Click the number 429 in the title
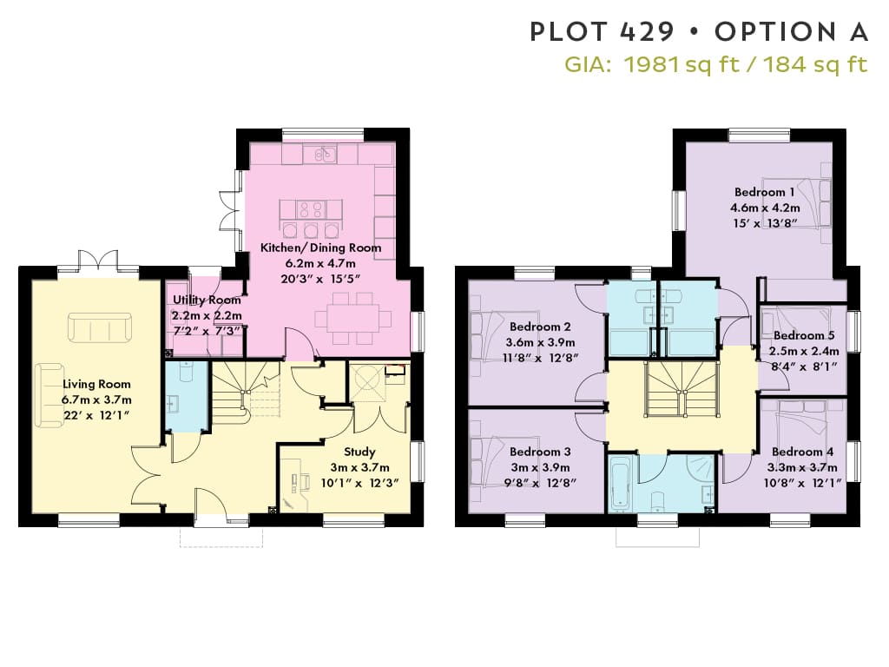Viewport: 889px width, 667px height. click(x=647, y=32)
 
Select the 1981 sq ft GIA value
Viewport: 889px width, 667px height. click(x=681, y=64)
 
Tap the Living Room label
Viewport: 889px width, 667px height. click(x=96, y=384)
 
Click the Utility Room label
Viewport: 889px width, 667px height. click(x=207, y=300)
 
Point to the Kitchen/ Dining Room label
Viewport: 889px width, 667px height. click(x=321, y=248)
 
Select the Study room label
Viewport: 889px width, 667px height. click(x=359, y=452)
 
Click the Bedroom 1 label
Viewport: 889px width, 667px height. click(x=764, y=192)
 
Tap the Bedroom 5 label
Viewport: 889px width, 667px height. click(x=804, y=335)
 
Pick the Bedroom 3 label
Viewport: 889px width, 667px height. click(x=540, y=452)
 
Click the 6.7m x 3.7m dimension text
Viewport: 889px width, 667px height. click(x=96, y=400)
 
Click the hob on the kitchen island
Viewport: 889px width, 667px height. click(x=312, y=210)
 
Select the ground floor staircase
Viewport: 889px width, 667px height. click(x=245, y=393)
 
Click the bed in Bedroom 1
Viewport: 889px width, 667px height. click(x=797, y=203)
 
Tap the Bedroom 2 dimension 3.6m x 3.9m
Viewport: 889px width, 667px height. click(x=540, y=342)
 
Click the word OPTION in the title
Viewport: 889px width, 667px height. click(x=775, y=32)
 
